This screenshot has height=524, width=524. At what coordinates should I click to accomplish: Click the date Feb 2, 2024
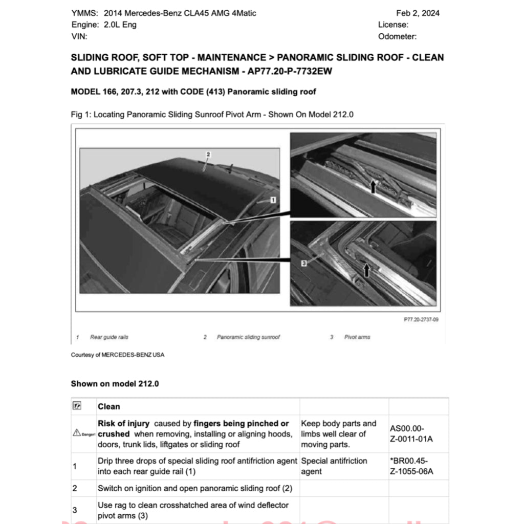pos(418,13)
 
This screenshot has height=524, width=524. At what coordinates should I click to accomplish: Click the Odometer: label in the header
pos(397,36)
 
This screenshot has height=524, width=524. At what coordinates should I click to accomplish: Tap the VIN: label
pos(79,36)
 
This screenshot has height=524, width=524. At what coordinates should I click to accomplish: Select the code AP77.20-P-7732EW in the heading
pos(290,71)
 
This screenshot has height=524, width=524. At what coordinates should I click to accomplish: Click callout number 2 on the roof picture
pos(208,154)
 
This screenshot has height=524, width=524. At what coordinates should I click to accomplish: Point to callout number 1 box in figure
pos(273,201)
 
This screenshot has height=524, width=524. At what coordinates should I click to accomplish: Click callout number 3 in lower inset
pos(303,263)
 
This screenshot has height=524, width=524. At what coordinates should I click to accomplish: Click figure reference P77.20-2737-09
pos(421,319)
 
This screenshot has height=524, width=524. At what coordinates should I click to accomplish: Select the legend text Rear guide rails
pos(109,337)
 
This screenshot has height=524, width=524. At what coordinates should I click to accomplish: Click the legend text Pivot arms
pos(357,337)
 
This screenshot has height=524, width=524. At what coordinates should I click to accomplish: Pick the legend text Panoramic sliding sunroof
pos(248,337)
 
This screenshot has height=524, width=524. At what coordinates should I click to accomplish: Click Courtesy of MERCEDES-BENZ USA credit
pos(118,355)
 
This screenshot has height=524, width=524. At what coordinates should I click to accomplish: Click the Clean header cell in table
pos(109,407)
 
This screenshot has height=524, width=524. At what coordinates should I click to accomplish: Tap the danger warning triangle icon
pos(77,434)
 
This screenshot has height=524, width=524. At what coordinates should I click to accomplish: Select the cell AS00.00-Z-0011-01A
pos(411,434)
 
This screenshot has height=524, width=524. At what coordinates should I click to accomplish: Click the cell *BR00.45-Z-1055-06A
pos(411,466)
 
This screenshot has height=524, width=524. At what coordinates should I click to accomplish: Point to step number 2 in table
pos(75,488)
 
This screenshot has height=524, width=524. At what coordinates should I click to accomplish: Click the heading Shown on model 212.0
pos(115,384)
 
